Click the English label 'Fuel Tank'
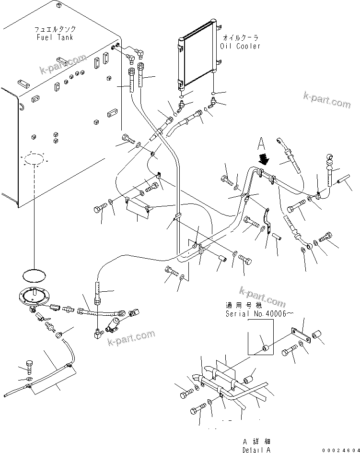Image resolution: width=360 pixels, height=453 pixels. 55,37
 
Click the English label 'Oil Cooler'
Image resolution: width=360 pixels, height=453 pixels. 240,46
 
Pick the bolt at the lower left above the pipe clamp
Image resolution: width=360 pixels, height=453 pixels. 28,367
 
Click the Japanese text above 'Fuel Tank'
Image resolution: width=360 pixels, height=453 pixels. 55,29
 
